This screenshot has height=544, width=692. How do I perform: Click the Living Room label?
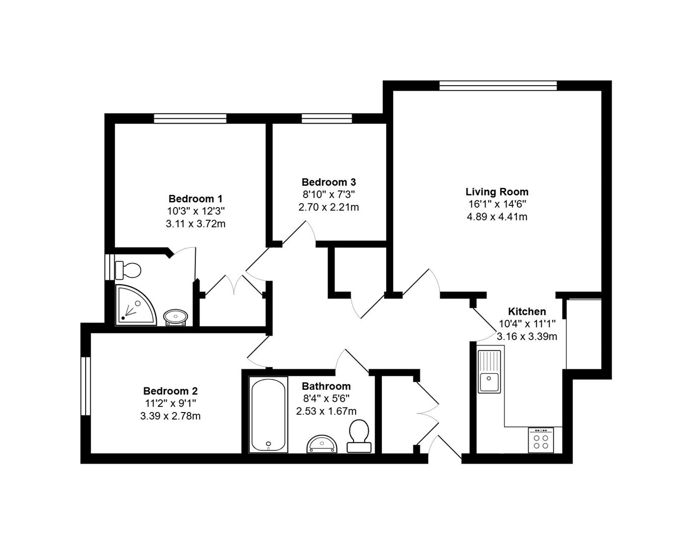[x=497, y=192]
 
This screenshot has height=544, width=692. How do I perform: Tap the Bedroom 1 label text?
[x=195, y=198]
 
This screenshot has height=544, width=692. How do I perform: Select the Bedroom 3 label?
[x=328, y=182]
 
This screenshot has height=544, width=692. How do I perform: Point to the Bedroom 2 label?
[x=170, y=391]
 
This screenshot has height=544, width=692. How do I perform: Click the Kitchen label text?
[x=527, y=311]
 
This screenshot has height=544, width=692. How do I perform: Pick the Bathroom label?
[x=326, y=386]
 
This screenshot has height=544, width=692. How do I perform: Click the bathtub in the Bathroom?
[x=268, y=415]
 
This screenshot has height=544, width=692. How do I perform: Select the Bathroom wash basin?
[x=321, y=444]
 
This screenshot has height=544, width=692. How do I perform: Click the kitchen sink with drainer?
[x=489, y=372]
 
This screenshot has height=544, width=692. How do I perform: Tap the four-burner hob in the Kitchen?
[x=541, y=440]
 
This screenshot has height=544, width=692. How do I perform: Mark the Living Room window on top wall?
[x=498, y=86]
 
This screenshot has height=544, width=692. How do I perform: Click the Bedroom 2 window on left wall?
[x=86, y=386]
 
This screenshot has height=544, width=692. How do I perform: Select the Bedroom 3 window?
[x=326, y=118]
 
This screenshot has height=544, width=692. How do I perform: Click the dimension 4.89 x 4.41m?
[x=497, y=217]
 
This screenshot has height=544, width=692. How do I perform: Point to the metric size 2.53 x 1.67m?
[x=326, y=411]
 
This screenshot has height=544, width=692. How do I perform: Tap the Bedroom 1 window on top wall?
[x=190, y=118]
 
